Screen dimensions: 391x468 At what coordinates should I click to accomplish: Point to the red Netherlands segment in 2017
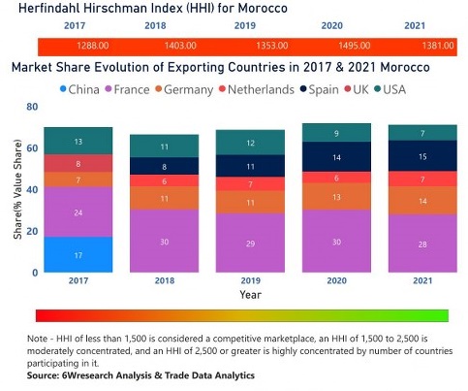click(78, 165)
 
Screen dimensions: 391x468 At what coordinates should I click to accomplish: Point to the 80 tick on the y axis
click(32, 107)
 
